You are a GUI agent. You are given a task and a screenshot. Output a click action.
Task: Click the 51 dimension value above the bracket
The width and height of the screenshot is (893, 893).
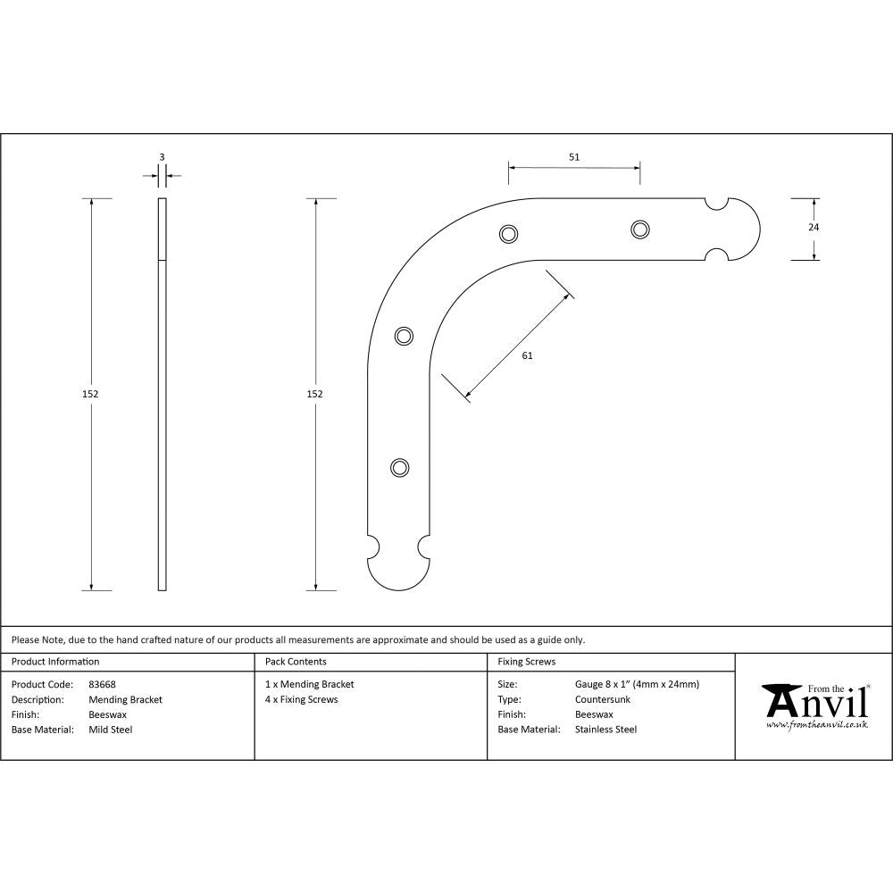[574, 157]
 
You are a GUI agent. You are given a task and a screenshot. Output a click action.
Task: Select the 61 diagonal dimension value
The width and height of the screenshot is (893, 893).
[527, 355]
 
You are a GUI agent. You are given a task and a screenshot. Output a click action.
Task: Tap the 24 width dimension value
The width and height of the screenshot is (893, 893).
[813, 227]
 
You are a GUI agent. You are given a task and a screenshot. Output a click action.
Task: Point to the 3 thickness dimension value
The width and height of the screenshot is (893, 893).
[162, 157]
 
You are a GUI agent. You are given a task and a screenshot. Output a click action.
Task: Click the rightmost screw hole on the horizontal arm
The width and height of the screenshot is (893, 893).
[639, 230]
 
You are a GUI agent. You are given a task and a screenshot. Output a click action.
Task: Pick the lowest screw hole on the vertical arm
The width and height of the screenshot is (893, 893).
[400, 467]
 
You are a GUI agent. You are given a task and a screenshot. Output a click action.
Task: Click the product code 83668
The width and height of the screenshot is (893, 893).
[103, 685]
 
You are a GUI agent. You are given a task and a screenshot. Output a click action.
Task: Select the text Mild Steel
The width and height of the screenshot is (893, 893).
[111, 730]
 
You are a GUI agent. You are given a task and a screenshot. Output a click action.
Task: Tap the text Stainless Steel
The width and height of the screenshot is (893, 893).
[605, 730]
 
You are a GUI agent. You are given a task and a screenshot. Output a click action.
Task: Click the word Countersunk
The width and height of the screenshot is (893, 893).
[603, 700]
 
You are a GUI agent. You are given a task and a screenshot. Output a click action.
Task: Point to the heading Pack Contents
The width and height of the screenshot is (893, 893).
[296, 662]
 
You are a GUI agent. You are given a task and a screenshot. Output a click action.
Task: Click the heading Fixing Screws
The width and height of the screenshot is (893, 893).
[526, 662]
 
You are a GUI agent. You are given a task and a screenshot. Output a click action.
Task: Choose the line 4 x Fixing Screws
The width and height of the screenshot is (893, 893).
[301, 700]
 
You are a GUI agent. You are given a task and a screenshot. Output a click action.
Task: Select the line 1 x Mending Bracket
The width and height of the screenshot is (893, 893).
[309, 685]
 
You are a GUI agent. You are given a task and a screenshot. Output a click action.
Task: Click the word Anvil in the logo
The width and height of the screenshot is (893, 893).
[816, 703]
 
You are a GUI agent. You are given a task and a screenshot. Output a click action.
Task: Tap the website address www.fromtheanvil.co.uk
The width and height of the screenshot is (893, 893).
[816, 725]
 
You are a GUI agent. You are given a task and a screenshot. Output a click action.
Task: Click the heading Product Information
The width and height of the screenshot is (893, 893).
[55, 662]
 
